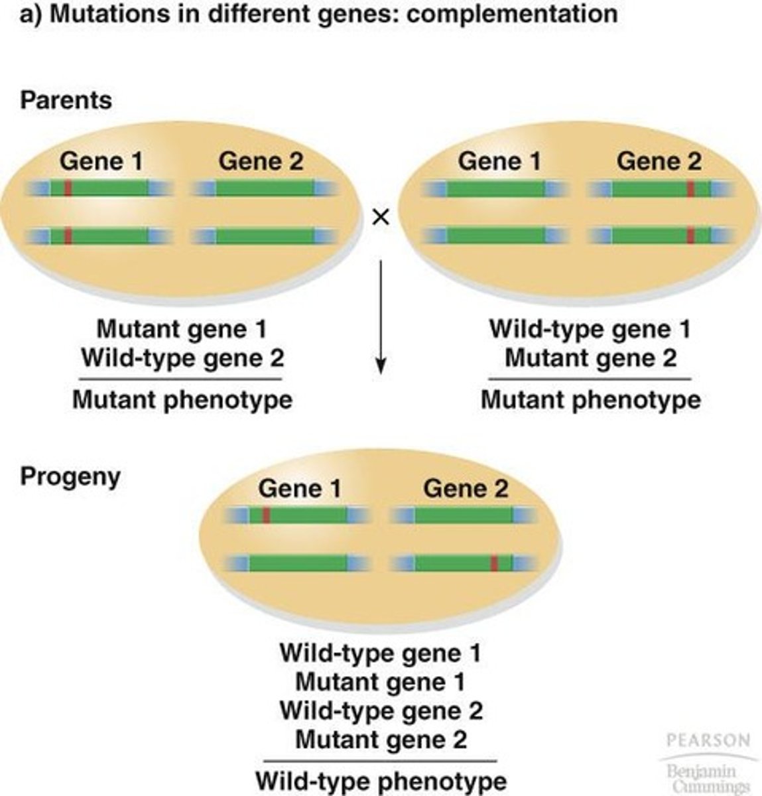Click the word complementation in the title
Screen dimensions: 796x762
coord(511,14)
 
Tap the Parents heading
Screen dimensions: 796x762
coord(66,100)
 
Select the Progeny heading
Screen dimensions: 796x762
coord(70,476)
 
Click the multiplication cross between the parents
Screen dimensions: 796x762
coord(381,217)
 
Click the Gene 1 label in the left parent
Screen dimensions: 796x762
coord(101,161)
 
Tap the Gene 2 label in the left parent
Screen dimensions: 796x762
coord(261,161)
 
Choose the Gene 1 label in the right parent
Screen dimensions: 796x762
coord(499,161)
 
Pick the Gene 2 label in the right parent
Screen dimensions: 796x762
coord(659,161)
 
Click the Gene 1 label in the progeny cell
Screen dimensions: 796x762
coord(300,489)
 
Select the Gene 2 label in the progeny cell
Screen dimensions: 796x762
coord(466,489)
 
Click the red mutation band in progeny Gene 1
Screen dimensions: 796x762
coord(266,515)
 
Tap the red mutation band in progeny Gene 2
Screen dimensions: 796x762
coord(494,564)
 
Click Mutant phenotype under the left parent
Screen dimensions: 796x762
coord(182,400)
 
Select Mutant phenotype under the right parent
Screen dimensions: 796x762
coord(590,400)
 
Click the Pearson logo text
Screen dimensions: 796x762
coord(708,740)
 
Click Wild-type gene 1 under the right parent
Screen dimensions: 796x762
coord(590,329)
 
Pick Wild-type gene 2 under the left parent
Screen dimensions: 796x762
coord(182,358)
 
